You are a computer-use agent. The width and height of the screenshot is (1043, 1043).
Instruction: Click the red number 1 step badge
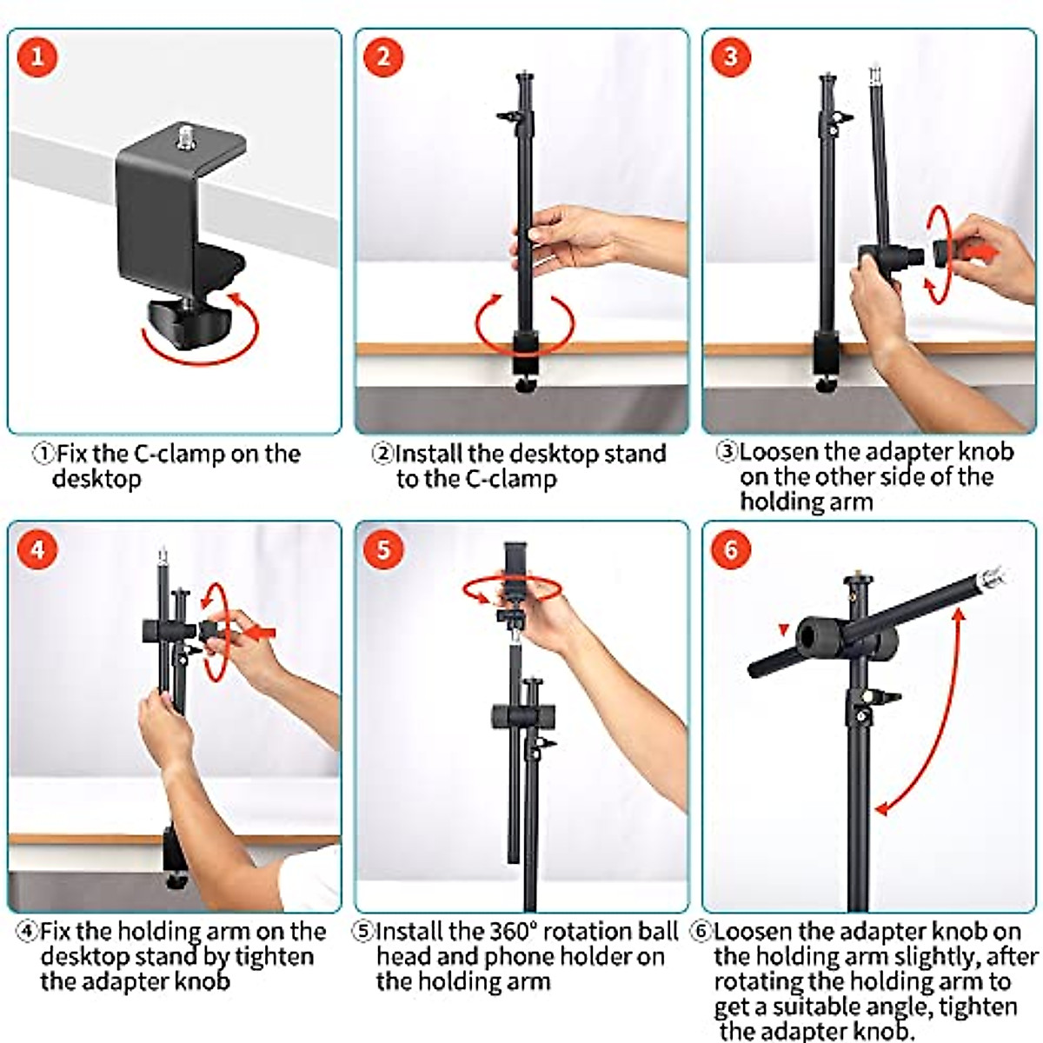tap(37, 57)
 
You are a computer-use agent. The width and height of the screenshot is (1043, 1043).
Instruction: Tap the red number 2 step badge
tap(383, 57)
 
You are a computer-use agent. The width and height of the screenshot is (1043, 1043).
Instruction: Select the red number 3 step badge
tap(731, 57)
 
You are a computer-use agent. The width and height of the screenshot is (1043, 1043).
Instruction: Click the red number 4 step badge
tap(37, 550)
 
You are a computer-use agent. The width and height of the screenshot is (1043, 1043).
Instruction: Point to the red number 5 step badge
tap(383, 550)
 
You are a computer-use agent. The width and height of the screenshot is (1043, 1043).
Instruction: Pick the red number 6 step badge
tap(731, 550)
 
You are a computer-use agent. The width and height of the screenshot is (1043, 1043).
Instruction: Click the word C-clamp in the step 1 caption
tap(178, 454)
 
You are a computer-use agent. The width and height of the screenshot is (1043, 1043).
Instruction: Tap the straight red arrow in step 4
tap(259, 632)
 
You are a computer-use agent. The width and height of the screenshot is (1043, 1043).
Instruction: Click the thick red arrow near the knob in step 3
tap(980, 252)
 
